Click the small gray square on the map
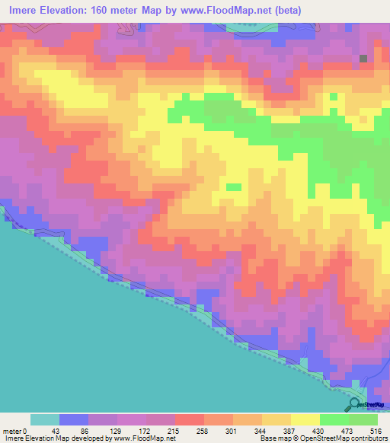[x=364, y=59]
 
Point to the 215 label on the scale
[x=174, y=431]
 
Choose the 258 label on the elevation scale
[x=203, y=431]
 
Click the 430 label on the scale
[x=319, y=431]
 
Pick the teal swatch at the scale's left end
[x=45, y=419]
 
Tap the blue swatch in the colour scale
[x=74, y=419]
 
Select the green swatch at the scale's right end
[x=363, y=419]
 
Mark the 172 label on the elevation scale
[x=145, y=431]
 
